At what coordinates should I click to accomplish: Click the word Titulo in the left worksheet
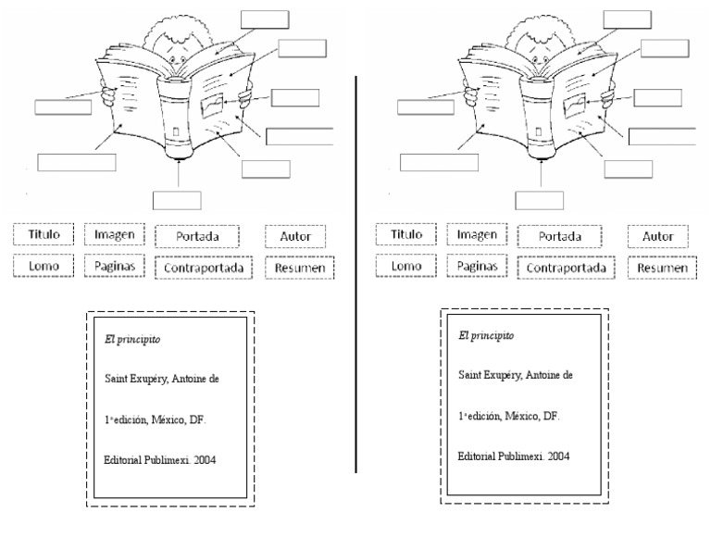pyautogui.click(x=44, y=235)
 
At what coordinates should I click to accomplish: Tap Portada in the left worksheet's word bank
pyautogui.click(x=197, y=237)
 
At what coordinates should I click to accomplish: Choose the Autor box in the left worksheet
pyautogui.click(x=295, y=237)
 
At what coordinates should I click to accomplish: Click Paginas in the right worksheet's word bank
pyautogui.click(x=477, y=266)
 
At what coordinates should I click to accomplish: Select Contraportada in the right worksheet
pyautogui.click(x=566, y=268)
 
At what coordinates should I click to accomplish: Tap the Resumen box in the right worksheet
pyautogui.click(x=662, y=268)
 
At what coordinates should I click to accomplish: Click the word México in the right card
pyautogui.click(x=524, y=416)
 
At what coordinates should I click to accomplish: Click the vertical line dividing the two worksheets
pyautogui.click(x=356, y=278)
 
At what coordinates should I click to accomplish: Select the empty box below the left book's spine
pyautogui.click(x=177, y=200)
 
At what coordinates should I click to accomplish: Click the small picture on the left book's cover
pyautogui.click(x=212, y=105)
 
